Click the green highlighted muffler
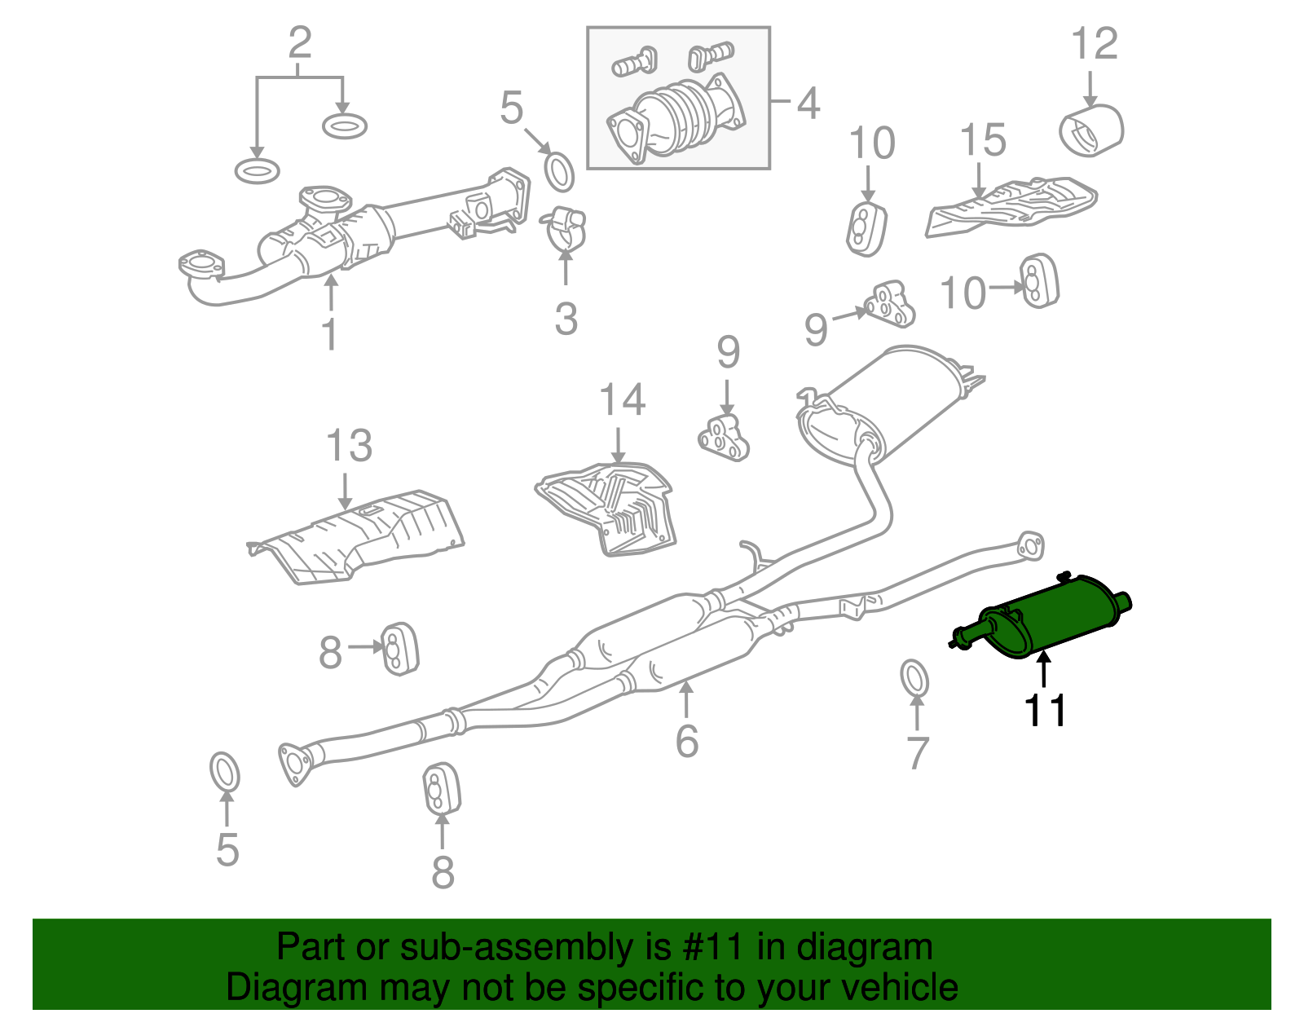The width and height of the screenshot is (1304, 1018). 1051,615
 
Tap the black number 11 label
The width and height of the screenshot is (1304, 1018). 1045,711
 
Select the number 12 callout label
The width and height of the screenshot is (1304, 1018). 1094,44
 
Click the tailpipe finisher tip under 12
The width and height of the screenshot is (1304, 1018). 1092,130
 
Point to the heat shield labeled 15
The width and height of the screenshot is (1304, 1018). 1011,205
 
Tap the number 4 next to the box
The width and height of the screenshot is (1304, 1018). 807,104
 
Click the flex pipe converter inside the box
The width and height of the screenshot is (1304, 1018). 681,118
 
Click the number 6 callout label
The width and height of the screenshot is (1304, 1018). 687,740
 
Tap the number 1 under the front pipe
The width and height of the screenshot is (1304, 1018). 329,335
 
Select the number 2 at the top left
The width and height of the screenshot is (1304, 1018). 299,42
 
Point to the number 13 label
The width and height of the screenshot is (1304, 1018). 348,447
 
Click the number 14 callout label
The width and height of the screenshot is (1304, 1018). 622,401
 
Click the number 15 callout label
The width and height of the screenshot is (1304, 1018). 982,141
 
